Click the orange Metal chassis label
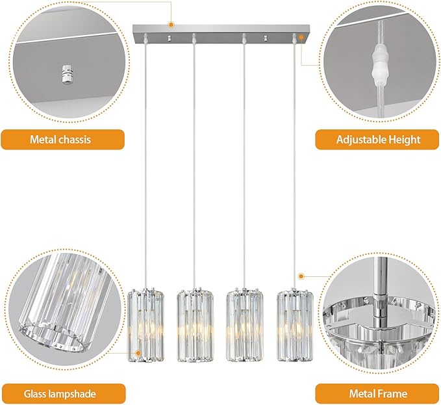(60, 139)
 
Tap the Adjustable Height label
(378, 139)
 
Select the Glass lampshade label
(60, 393)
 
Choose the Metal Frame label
(378, 393)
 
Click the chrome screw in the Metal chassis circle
(66, 75)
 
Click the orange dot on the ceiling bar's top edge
(171, 25)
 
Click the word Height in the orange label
(403, 139)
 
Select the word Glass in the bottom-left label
(39, 393)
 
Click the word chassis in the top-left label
(75, 139)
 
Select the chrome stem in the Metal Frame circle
(379, 286)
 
